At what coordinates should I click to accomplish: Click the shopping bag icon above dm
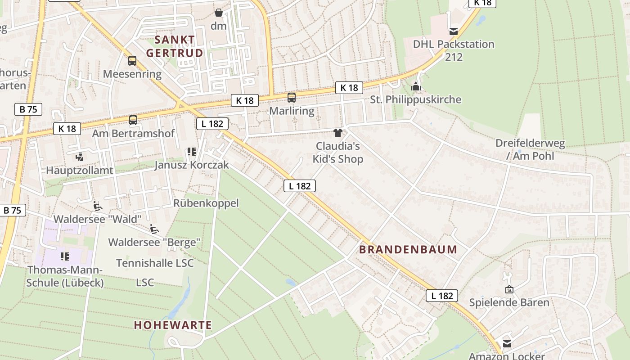pos(218,13)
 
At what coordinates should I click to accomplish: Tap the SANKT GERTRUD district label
pos(175,46)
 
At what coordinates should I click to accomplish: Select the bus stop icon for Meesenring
pos(132,60)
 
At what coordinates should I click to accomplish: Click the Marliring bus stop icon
pos(292,97)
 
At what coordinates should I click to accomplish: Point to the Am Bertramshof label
pos(133,134)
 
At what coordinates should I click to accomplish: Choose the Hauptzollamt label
pos(80,171)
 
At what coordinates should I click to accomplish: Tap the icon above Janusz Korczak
pos(192,152)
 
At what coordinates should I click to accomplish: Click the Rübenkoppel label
pos(206,203)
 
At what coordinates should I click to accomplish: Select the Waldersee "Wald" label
pos(98,219)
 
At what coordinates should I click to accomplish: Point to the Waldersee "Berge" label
pos(154,242)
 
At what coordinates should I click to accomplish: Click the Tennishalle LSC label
pos(155,263)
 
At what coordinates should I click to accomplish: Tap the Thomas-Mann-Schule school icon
pos(65,256)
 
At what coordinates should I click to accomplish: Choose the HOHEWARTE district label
pos(173,325)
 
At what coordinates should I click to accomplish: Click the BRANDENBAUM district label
pos(408,249)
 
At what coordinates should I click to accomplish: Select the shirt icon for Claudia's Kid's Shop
pos(337,132)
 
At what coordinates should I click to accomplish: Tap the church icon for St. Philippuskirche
pos(416,86)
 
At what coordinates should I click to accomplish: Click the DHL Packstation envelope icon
pos(454,31)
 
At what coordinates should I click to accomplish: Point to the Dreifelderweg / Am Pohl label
pos(530,149)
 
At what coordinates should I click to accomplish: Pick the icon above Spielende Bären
pos(509,289)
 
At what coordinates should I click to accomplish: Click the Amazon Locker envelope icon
pos(507,344)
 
